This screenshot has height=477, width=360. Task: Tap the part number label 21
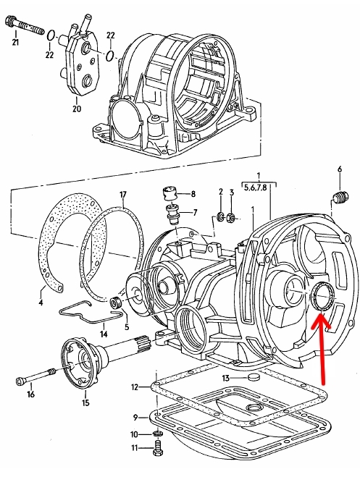(15, 42)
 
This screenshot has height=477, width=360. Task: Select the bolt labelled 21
(25, 25)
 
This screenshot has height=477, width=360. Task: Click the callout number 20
(77, 108)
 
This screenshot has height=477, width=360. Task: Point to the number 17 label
(123, 195)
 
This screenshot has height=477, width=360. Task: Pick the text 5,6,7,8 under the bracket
(255, 187)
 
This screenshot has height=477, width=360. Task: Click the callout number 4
(41, 303)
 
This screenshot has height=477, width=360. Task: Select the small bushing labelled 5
(116, 303)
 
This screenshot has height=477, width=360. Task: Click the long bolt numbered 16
(35, 376)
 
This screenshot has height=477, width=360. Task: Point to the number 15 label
(85, 402)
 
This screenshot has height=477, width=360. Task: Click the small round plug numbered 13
(252, 378)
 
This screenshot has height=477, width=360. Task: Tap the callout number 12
(135, 387)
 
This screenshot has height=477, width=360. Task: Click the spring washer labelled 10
(156, 433)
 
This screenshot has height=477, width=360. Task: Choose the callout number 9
(135, 418)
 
